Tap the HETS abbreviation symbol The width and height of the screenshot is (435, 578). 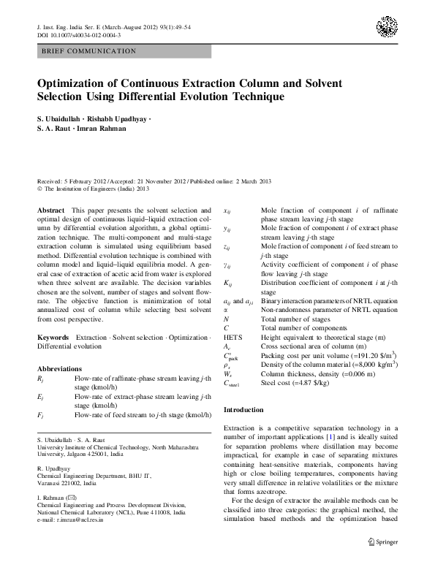coord(232,337)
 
